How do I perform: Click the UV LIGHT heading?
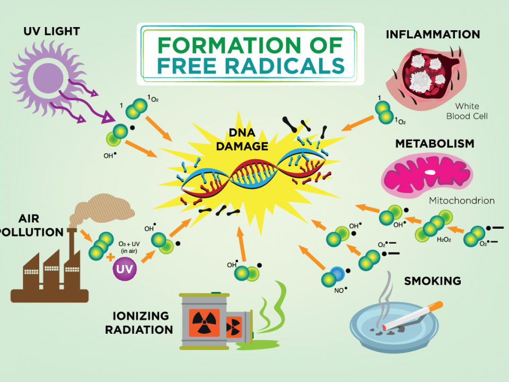coord(51,31)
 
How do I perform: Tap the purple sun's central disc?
coord(48,77)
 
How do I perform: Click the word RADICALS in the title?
coord(285,66)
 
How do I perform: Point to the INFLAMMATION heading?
coord(433,34)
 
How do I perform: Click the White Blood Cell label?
coord(467,111)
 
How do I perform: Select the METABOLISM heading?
coord(435,144)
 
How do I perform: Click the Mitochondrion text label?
coord(462,201)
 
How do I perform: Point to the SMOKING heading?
coord(433,281)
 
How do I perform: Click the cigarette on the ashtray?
coord(413,316)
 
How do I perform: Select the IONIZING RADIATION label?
coord(139,323)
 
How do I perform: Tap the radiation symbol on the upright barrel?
coord(204,322)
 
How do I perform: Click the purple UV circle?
coord(125,268)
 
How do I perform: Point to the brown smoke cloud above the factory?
coord(102,210)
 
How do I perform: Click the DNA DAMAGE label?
coord(242,140)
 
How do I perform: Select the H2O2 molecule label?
coord(444,240)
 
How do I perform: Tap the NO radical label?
coord(340,290)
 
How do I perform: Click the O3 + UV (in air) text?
coord(129,247)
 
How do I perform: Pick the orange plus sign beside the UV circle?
coord(110,257)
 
